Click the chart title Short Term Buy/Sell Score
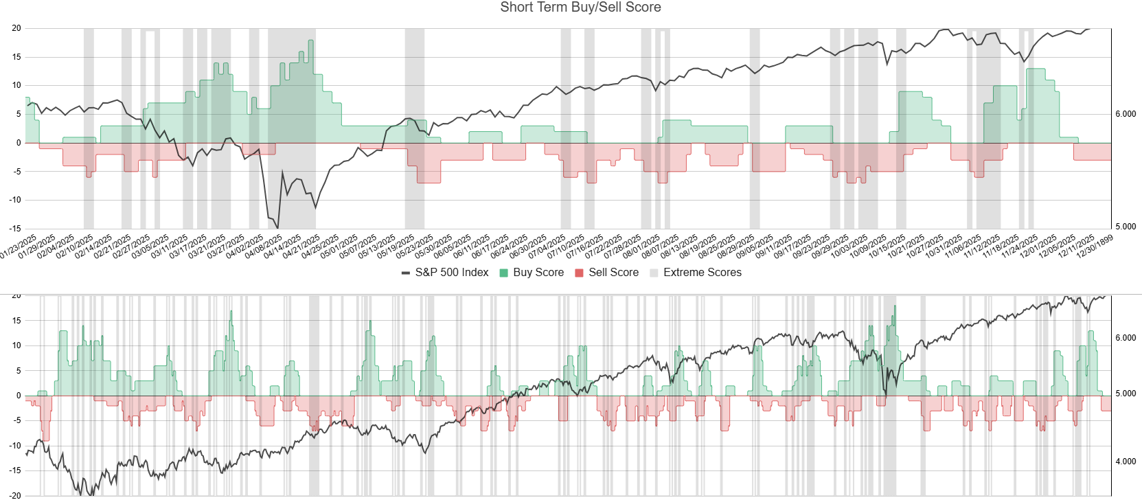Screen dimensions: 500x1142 click(x=580, y=8)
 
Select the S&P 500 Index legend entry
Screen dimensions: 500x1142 click(x=451, y=273)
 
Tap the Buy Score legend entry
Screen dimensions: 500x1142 click(x=538, y=273)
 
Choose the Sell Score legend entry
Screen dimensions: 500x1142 click(x=613, y=273)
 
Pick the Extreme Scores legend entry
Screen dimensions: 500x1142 click(x=702, y=273)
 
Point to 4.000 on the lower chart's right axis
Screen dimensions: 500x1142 click(x=1126, y=462)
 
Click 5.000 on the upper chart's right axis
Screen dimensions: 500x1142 click(x=1126, y=227)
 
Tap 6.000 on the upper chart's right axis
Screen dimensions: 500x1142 click(x=1126, y=114)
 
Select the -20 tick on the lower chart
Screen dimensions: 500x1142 click(x=15, y=495)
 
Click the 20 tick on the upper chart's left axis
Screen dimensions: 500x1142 click(x=16, y=28)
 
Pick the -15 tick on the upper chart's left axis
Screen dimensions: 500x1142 click(x=15, y=228)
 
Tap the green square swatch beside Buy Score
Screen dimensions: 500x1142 click(x=504, y=273)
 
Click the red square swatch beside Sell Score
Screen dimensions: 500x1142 click(x=580, y=273)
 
